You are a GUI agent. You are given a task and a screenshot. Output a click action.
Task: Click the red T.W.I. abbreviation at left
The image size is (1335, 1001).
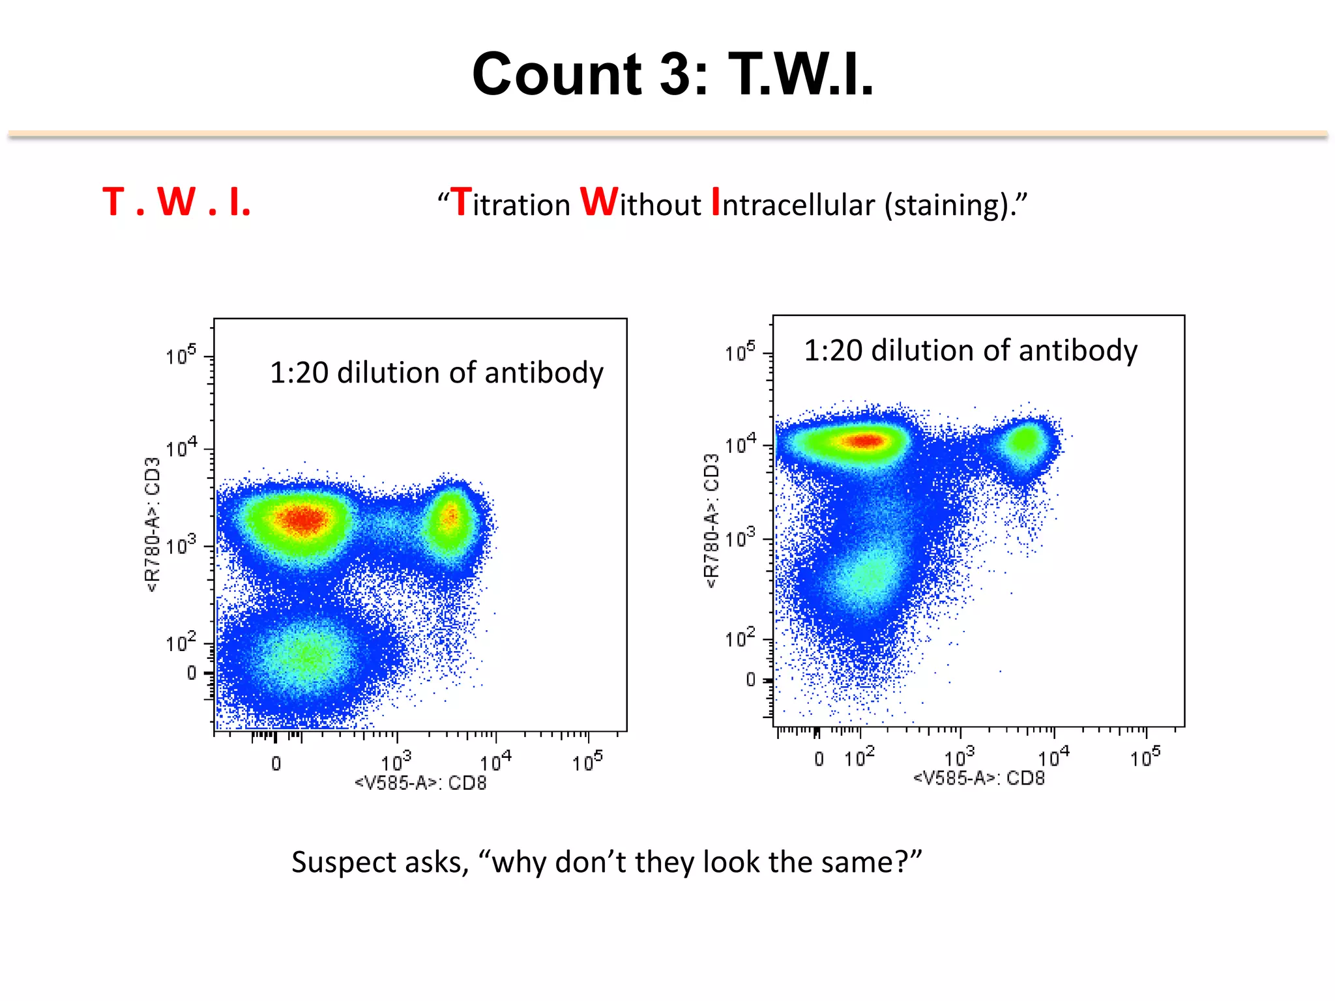[177, 202]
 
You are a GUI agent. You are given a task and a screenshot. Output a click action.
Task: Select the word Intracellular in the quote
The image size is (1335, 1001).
[792, 204]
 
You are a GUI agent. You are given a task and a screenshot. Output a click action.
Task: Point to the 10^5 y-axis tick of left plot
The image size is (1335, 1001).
[181, 356]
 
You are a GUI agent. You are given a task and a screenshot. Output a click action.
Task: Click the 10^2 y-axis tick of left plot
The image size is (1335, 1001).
[181, 643]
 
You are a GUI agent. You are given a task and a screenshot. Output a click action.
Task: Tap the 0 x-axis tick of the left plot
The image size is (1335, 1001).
[276, 763]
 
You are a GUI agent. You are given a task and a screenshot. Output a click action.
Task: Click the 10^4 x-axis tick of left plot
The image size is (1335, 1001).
[495, 761]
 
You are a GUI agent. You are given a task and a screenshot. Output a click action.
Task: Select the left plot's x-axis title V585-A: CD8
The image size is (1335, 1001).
[420, 783]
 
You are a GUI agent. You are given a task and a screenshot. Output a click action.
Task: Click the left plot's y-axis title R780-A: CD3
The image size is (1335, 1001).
[153, 525]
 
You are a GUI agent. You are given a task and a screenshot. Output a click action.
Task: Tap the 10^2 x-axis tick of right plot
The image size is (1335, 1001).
[859, 758]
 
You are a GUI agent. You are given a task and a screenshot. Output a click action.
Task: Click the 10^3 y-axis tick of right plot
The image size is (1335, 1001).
[740, 538]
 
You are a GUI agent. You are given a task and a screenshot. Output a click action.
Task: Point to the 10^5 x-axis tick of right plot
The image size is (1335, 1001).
[1145, 757]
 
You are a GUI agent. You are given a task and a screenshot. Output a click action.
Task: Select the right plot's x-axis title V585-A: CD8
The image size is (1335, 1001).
[978, 778]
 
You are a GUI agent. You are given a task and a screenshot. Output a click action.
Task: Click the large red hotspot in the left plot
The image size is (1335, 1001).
[302, 519]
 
